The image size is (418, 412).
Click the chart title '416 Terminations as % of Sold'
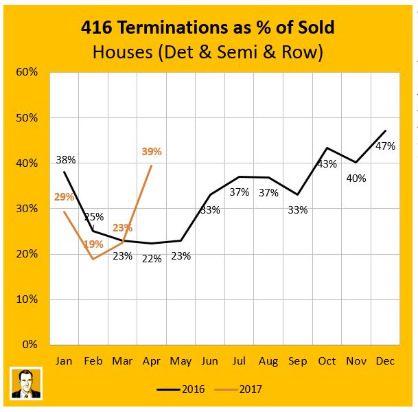point(209,27)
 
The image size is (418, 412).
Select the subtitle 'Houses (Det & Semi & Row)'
point(209,51)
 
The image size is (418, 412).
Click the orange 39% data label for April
point(152,151)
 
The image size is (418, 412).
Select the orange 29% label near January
point(64,197)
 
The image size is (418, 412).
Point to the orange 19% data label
point(93,244)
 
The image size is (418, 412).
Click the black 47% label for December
point(385,146)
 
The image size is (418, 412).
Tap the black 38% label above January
point(66,160)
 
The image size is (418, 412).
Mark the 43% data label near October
point(327,164)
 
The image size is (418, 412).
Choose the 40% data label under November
point(356,179)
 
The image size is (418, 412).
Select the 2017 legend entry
point(242,389)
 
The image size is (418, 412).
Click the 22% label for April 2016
point(152,259)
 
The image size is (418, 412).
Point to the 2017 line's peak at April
point(151,165)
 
